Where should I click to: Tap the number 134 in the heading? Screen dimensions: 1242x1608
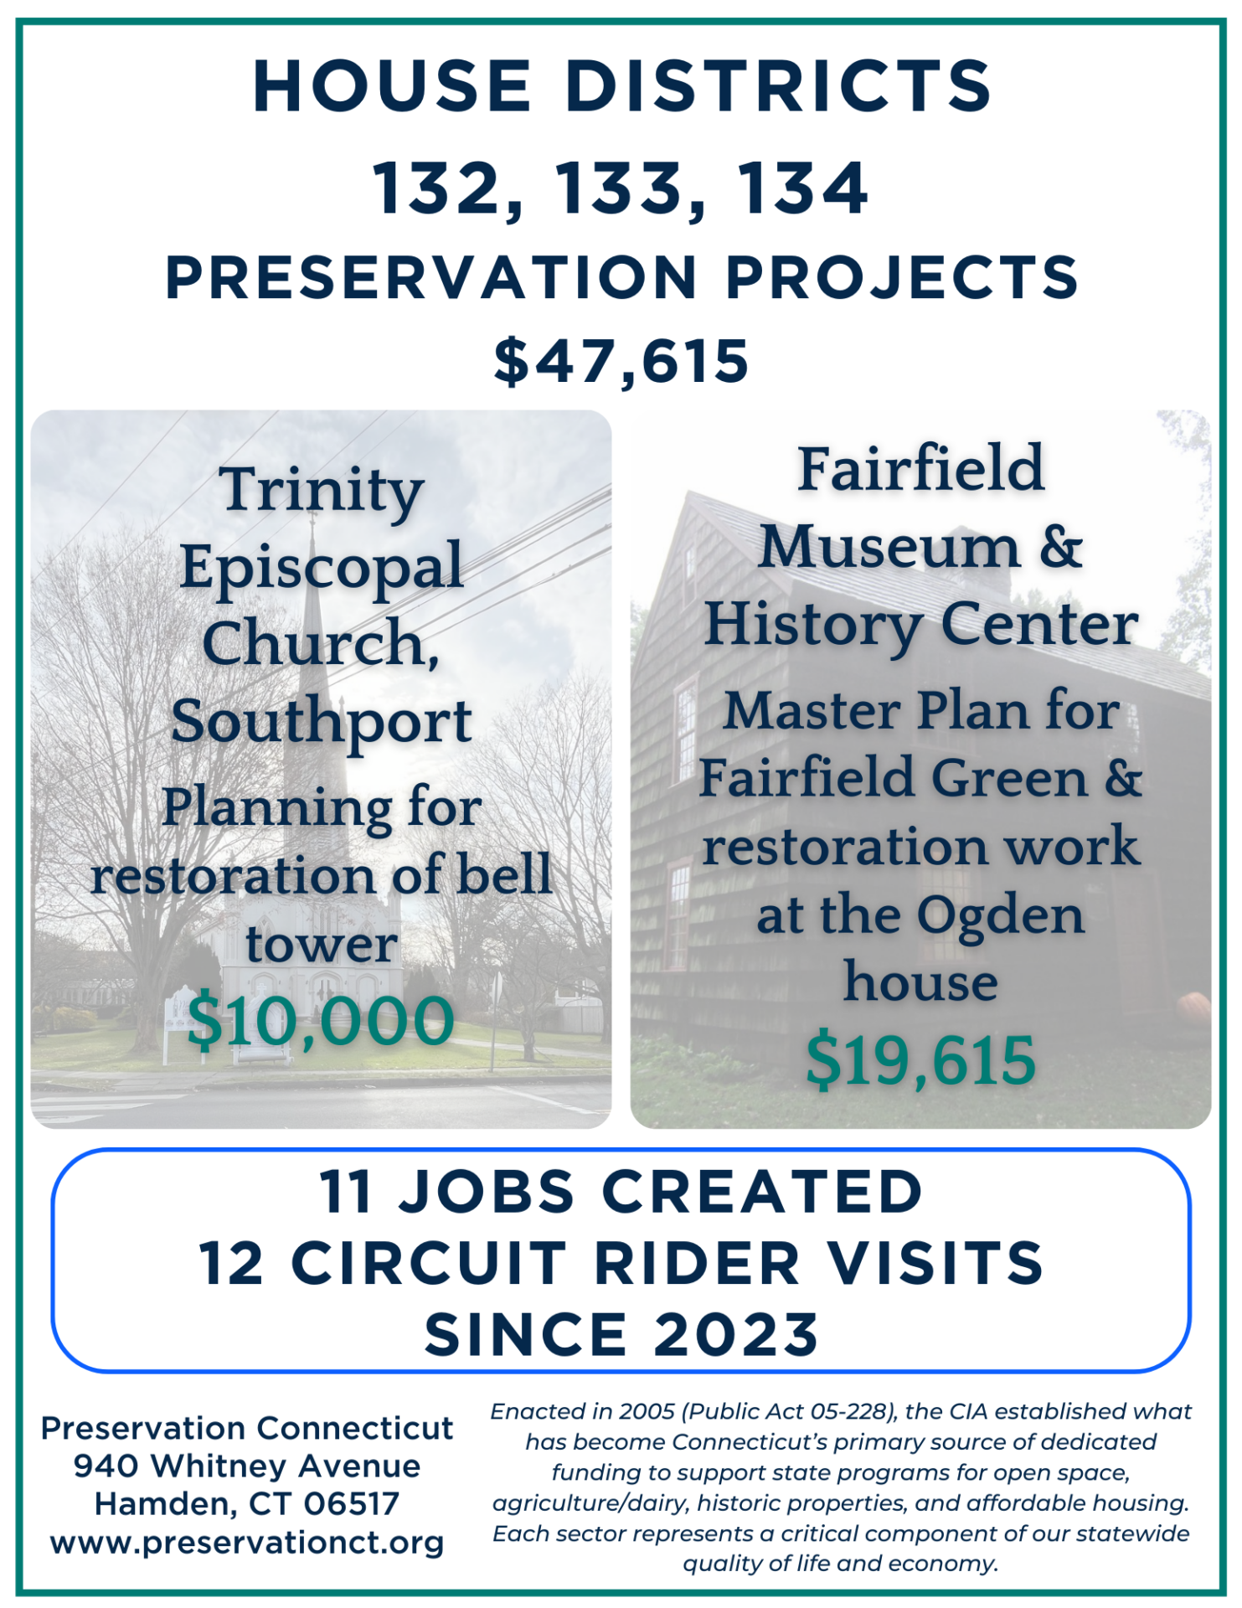coord(801,188)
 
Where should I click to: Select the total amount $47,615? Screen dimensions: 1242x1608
coord(621,362)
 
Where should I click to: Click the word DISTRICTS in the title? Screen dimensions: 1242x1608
coord(778,86)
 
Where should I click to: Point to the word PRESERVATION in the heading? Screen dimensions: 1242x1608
coord(431,277)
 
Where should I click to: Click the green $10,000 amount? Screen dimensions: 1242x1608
coord(321,1021)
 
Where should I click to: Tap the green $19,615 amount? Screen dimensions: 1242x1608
coord(920,1059)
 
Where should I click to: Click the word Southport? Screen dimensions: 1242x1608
coord(322,722)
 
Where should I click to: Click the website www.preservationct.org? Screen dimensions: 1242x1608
coord(247,1542)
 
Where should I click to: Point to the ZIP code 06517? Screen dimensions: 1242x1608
coord(352,1504)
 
